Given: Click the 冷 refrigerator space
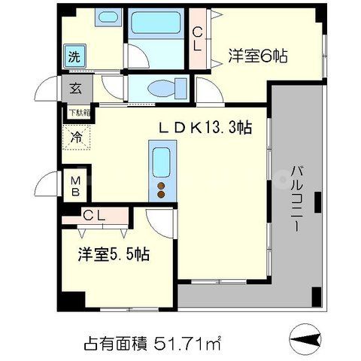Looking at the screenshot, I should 77,138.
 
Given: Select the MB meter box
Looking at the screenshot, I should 76,185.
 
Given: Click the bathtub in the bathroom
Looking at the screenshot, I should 156,24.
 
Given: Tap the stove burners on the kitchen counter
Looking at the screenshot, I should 161,188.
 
